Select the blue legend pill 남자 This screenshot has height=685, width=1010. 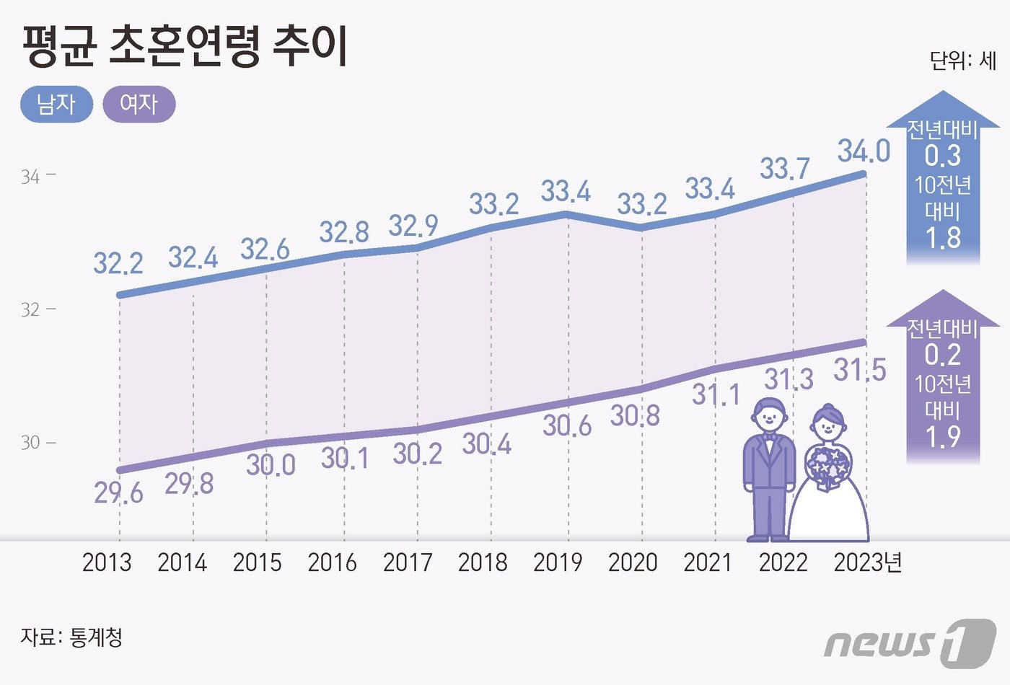tap(56, 105)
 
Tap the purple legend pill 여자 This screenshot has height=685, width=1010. tap(139, 105)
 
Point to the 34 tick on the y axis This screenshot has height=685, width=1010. tap(30, 177)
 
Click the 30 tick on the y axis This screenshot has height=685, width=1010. tap(30, 442)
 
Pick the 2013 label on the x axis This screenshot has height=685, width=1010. tap(107, 562)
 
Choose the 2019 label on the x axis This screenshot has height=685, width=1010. tap(558, 562)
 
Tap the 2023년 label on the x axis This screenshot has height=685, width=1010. tap(867, 562)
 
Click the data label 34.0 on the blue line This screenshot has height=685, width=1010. tap(864, 151)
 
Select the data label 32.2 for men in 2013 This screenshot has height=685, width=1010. tap(118, 263)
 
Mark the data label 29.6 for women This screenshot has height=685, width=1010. tap(118, 493)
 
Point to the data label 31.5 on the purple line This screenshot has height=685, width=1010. tap(859, 370)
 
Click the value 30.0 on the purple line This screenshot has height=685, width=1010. tap(271, 465)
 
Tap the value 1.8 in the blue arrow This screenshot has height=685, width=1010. tap(943, 237)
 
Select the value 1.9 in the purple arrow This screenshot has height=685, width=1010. tap(943, 436)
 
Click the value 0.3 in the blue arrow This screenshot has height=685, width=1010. tap(943, 156)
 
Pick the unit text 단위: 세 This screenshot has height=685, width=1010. tap(962, 60)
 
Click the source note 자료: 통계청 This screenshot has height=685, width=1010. tap(71, 637)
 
